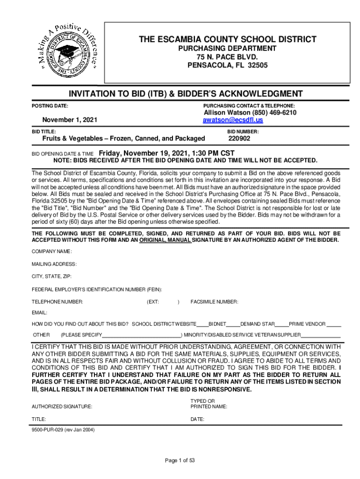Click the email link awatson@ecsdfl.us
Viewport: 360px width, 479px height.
coord(233,120)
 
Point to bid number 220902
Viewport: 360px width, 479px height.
coord(239,138)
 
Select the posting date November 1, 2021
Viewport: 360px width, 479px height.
coord(70,120)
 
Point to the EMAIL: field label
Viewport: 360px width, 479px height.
coord(39,312)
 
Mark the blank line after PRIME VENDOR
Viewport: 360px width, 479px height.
coord(334,325)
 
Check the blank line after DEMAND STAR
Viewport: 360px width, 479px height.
coord(281,325)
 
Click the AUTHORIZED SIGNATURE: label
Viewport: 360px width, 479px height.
coord(62,406)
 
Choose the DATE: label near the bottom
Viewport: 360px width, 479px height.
coord(197,419)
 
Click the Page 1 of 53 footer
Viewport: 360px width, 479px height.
coord(180,460)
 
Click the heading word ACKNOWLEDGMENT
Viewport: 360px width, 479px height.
coord(253,94)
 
